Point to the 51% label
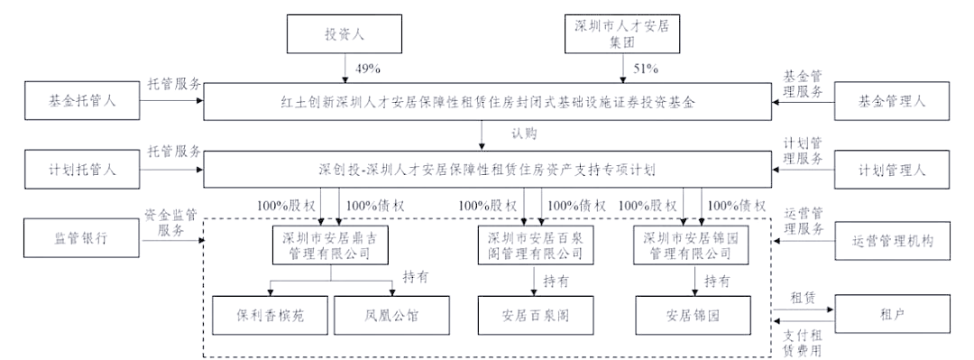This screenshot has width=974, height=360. point(643,68)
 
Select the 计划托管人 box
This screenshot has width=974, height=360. point(83,169)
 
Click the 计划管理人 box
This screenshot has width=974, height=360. point(891,169)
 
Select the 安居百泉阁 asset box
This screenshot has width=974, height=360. point(537,316)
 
